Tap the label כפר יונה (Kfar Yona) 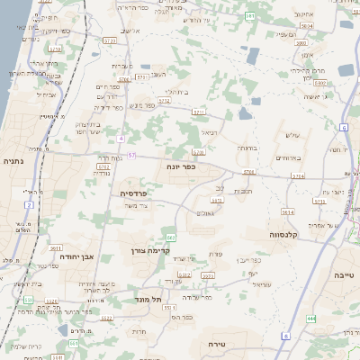click(181, 166)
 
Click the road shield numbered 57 click(131, 155)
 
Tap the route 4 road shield click(121, 139)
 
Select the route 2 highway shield click(29, 205)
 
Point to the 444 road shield click(310, 319)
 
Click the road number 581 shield click(249, 15)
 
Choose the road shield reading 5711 click(199, 111)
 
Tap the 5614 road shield click(289, 211)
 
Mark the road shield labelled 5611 click(56, 247)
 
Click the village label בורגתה click(248, 147)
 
